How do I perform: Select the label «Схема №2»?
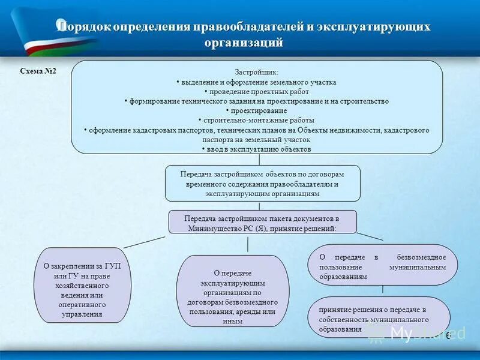(38, 71)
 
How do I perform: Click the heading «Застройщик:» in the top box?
(257, 72)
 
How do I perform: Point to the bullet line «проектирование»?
(257, 110)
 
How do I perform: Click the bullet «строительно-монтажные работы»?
(257, 120)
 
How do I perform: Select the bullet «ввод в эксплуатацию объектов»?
(257, 149)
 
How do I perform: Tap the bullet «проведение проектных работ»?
(257, 91)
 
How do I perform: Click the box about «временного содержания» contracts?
(262, 183)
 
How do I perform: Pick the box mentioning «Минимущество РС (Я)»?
(262, 221)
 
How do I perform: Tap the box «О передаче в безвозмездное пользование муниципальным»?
(382, 265)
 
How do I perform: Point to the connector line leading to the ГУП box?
(145, 241)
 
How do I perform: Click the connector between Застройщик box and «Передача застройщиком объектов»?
(259, 160)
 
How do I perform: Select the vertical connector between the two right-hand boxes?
(383, 290)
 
